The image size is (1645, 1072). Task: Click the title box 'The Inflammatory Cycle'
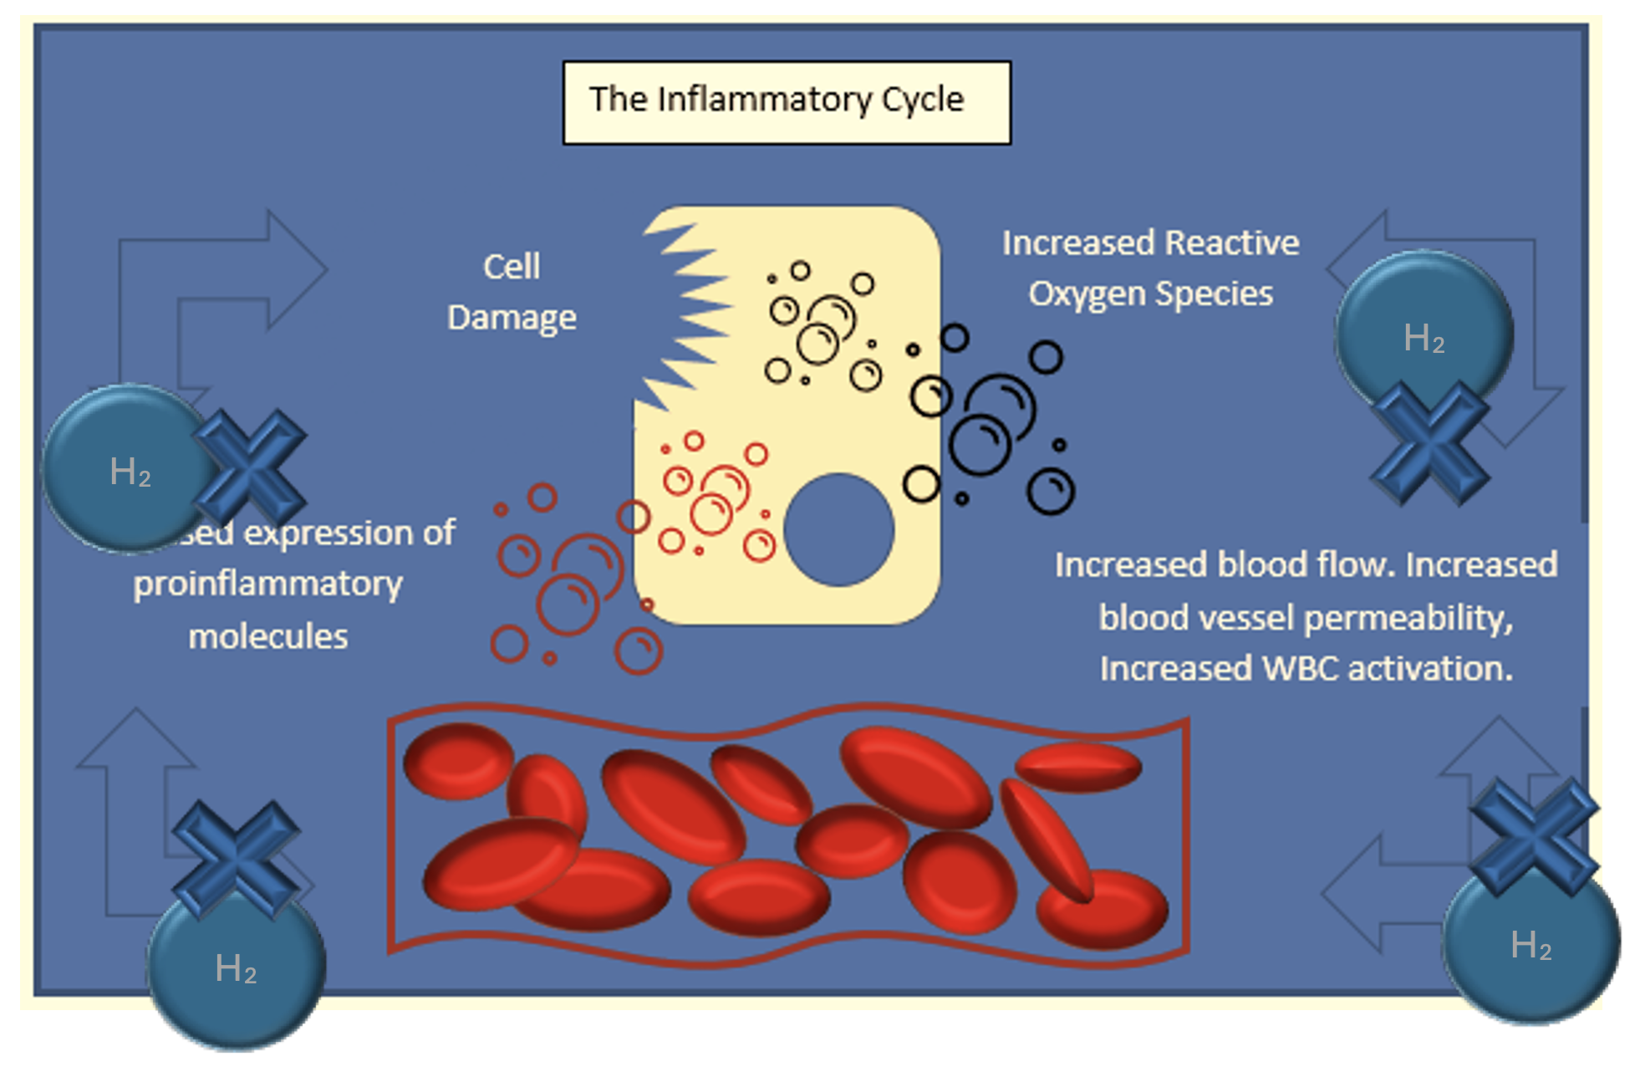(786, 102)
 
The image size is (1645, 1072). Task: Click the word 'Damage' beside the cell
(512, 318)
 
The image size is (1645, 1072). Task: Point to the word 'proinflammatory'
(267, 584)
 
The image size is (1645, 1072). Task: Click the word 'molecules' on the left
(267, 637)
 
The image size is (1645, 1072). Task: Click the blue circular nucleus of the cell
(838, 529)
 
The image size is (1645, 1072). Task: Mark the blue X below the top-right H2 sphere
(1430, 443)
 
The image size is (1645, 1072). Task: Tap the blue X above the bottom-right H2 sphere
(1534, 836)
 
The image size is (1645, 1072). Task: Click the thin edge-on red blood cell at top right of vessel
(1077, 767)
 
